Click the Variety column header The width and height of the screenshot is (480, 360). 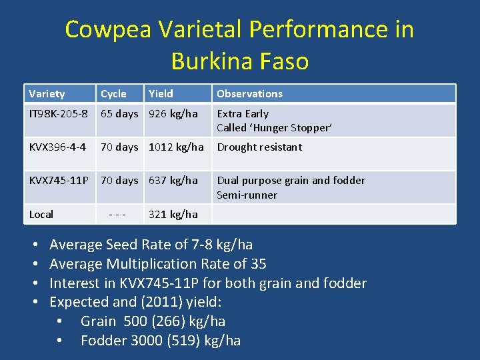coord(47,94)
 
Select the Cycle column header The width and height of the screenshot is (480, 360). coord(113,94)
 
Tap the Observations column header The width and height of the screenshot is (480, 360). coord(249,94)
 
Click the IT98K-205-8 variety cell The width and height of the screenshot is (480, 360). coord(59,114)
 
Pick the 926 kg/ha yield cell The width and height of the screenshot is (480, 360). coord(173,114)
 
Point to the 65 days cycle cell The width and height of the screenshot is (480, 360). coord(119,114)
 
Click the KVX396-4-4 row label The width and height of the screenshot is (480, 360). coord(57,147)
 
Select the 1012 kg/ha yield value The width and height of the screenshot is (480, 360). coord(176,147)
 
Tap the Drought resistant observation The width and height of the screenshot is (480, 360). coord(259,147)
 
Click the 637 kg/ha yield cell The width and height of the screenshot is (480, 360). coord(173,181)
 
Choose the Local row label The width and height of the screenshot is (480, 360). coord(41,215)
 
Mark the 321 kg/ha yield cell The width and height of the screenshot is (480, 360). coord(173,215)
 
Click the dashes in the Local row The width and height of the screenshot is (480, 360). coord(117,215)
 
